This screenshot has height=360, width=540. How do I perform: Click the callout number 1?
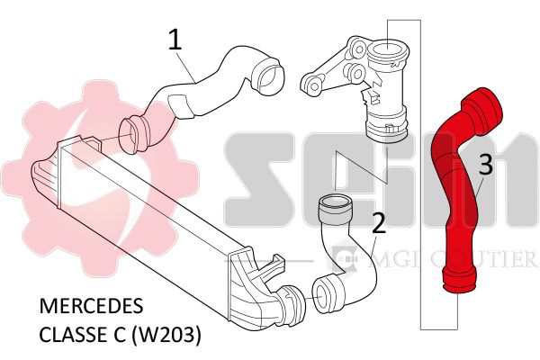(175, 39)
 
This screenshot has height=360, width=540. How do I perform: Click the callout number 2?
(379, 223)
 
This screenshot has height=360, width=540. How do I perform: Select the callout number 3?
(486, 165)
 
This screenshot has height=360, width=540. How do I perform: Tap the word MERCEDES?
(91, 306)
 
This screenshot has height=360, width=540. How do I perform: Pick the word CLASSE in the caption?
(82, 335)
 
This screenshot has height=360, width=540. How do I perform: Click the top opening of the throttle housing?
(387, 51)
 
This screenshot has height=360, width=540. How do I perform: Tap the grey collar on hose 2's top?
(335, 210)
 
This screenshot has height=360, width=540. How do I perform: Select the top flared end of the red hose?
(482, 109)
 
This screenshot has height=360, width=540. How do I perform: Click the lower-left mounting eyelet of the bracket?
(313, 85)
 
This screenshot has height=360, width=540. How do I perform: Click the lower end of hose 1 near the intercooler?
(133, 135)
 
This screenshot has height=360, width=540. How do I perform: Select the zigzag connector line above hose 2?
(362, 169)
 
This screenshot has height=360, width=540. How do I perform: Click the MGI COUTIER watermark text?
(452, 258)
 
